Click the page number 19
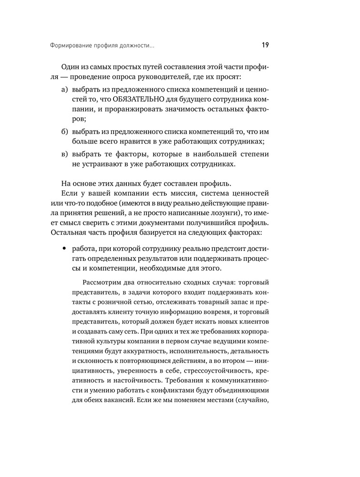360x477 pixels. coord(265,46)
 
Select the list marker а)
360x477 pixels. coord(65,90)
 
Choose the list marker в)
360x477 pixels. coord(65,154)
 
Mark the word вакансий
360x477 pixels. coord(120,402)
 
